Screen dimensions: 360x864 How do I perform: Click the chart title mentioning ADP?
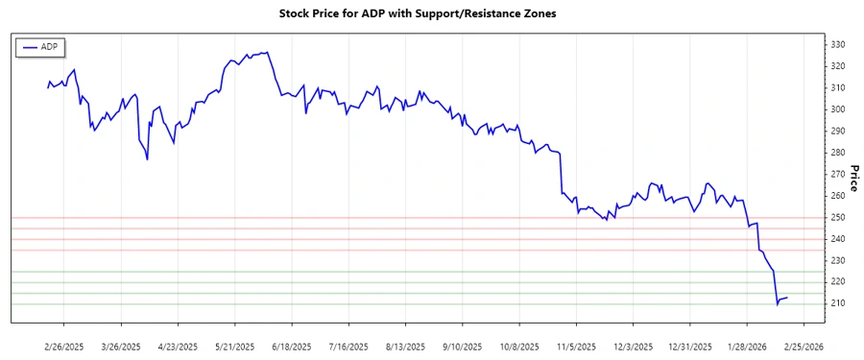tap(430, 14)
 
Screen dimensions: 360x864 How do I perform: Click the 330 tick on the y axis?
tap(838, 45)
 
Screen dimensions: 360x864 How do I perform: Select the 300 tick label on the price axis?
tap(838, 109)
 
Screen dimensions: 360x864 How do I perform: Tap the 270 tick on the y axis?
tap(838, 174)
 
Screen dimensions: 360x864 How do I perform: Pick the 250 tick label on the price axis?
tap(838, 217)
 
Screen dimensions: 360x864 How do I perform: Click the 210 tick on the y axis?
tap(838, 303)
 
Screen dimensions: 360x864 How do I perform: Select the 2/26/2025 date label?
tap(64, 346)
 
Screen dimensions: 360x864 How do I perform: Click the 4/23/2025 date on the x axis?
tap(178, 346)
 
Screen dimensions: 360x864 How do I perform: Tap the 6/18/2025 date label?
tap(291, 346)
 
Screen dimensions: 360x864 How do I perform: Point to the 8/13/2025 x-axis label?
tap(404, 346)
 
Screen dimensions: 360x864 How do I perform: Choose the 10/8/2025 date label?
tap(517, 346)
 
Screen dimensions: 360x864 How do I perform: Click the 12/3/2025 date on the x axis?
tap(631, 346)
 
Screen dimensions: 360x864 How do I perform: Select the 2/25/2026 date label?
tap(801, 346)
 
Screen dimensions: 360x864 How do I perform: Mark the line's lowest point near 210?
tap(778, 304)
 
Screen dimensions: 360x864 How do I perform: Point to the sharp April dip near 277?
tap(147, 159)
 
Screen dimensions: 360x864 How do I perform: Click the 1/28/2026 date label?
tap(744, 346)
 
